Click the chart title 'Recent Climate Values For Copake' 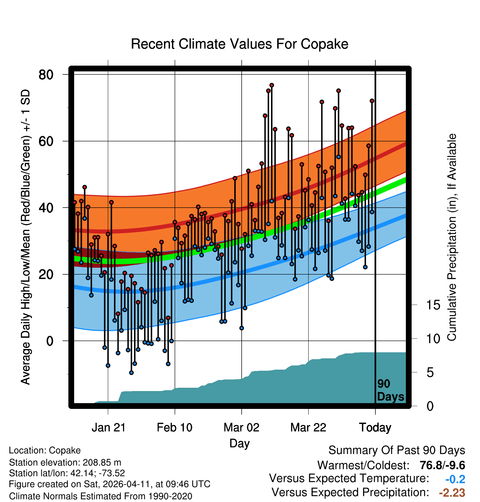tap(239, 44)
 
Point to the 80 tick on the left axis tap(46, 74)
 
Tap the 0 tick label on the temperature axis tap(50, 341)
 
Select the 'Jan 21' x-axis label tap(108, 428)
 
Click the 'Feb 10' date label tap(175, 428)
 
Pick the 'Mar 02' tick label tap(241, 428)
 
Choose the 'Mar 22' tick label tap(308, 428)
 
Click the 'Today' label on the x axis tap(375, 428)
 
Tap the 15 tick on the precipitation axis tap(433, 305)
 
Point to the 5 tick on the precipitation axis tap(430, 373)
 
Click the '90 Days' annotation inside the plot tap(390, 390)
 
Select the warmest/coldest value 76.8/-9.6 tap(442, 465)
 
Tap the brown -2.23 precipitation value tap(452, 493)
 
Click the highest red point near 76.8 tap(272, 85)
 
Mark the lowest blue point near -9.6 tap(131, 373)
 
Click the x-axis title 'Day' tap(239, 443)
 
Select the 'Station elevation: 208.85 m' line tap(65, 462)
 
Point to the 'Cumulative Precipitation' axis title tap(452, 238)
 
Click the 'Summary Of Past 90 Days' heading tap(397, 450)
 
